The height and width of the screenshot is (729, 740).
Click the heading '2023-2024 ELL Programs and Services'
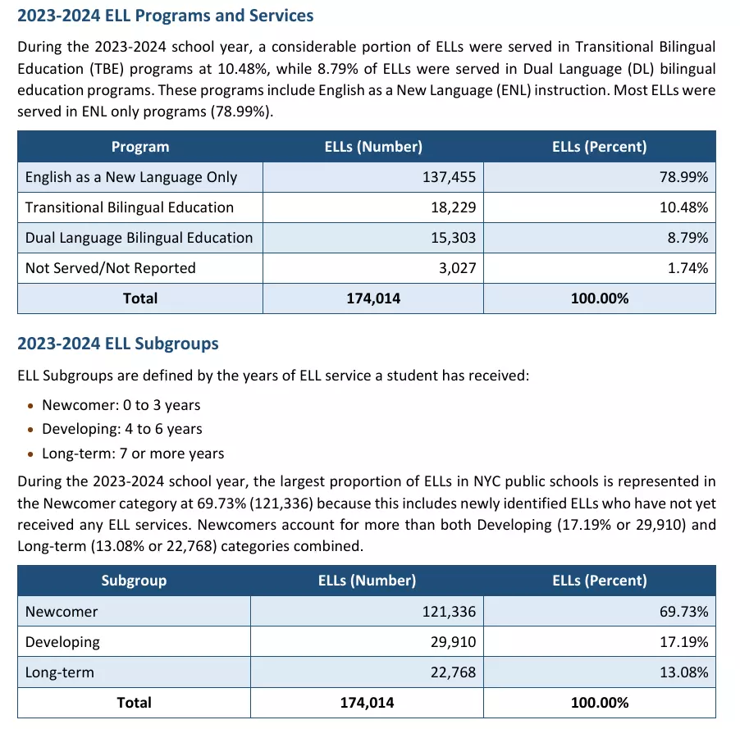[165, 16]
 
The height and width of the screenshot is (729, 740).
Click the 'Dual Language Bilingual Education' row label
[139, 237]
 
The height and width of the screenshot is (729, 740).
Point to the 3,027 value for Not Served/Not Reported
[457, 268]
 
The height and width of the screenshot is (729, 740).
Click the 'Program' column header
[140, 147]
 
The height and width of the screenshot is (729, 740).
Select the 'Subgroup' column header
[134, 581]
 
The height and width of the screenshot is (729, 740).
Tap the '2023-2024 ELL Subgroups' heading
[118, 344]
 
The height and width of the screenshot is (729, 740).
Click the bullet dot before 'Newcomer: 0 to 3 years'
[30, 406]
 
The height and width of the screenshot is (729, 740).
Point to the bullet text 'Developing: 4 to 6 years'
[121, 429]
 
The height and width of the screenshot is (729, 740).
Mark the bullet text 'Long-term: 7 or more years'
[133, 453]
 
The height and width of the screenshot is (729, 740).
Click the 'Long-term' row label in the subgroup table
[59, 672]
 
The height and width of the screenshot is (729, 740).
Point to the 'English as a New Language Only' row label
[131, 177]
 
